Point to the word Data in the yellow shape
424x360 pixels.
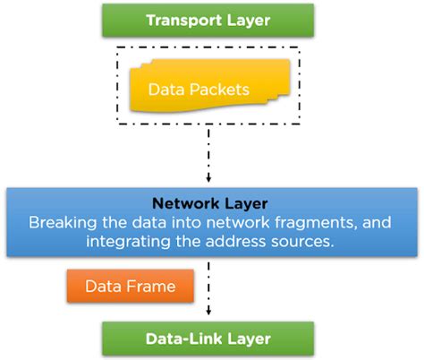(166, 90)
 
